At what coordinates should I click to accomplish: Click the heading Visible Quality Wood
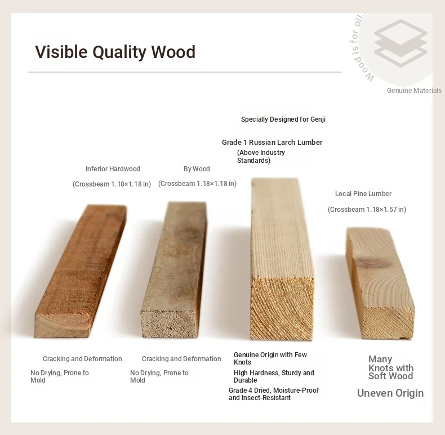coord(115,52)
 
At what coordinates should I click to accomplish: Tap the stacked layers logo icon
coord(400,43)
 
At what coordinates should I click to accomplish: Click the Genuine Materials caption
coord(414,91)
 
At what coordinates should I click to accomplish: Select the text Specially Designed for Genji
coord(283,119)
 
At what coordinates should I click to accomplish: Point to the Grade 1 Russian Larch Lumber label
coord(272,142)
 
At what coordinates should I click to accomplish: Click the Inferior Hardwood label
coord(113,169)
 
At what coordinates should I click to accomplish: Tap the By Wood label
coord(197,169)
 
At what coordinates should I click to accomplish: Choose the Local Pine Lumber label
coord(363,194)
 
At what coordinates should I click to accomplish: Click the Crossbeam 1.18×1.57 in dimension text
coord(367,210)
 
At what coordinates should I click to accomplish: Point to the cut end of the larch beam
coord(282,308)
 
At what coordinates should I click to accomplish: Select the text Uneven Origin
coord(390,393)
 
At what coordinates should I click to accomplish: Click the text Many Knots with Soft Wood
coord(391,367)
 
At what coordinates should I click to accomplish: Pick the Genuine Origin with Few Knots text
coord(270,358)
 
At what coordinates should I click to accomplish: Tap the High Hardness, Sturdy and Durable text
coord(274,376)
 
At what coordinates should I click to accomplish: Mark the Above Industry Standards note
coord(261,157)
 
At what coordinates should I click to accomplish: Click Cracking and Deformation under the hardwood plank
coord(82,358)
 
